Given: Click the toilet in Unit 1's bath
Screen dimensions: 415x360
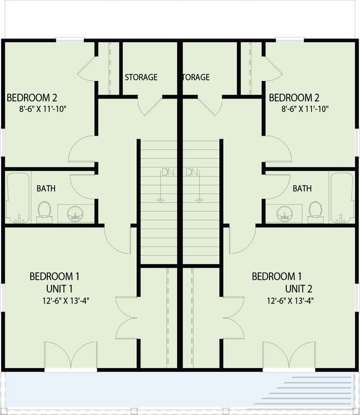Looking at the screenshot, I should tap(44, 211).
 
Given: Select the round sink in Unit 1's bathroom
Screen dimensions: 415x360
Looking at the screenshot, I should tap(76, 213).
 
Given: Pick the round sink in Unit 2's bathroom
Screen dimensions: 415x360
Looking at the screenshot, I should tap(284, 213).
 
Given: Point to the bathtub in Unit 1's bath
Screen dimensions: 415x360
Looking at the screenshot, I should tap(17, 198).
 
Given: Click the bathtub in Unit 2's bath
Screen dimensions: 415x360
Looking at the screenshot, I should tap(342, 198).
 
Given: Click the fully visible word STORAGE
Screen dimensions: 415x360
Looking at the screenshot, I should tap(141, 77).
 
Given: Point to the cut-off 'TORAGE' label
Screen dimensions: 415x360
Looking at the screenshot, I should tap(196, 77).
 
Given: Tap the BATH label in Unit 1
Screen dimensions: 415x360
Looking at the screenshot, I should tap(46, 189).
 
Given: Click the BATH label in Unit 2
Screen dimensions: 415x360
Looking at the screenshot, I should tap(302, 189).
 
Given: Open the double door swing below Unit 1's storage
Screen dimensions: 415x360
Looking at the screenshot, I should tap(149, 106).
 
